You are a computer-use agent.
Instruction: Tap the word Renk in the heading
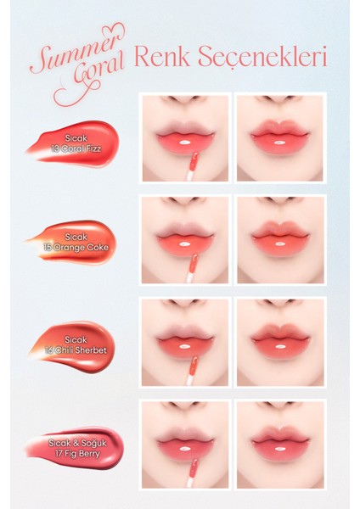(x=163, y=57)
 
